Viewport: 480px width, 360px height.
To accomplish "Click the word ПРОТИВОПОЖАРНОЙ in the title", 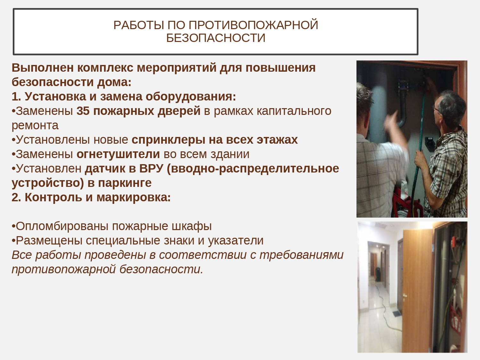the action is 253,25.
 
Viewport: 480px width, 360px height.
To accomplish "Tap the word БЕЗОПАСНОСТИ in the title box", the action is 216,38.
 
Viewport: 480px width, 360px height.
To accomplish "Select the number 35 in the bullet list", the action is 83,111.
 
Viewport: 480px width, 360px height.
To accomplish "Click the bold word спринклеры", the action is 168,140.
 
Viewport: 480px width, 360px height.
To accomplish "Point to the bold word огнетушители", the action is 118,154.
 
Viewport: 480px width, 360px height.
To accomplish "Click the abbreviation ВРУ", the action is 151,169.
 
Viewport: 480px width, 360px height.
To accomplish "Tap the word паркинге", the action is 125,183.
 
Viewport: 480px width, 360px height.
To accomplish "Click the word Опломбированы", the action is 62,226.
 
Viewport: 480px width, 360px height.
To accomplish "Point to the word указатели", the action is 236,241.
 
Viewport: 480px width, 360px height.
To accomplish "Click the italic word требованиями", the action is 301,255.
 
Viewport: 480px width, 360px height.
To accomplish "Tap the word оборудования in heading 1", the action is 191,96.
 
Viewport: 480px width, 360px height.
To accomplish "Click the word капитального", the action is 294,111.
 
